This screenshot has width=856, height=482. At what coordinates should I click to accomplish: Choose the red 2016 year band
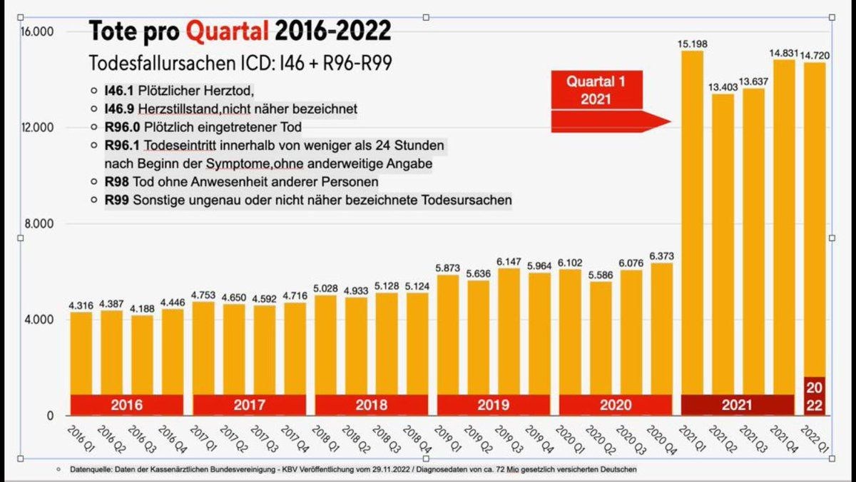click(x=126, y=405)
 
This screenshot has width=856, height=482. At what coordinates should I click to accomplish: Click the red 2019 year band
click(x=493, y=405)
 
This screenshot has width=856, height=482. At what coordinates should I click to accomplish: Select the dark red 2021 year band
click(x=737, y=405)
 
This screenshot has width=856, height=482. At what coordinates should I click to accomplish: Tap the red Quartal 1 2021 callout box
click(x=596, y=89)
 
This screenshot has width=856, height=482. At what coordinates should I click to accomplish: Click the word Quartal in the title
click(x=228, y=31)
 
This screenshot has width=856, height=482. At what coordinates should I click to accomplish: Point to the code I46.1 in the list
click(x=118, y=91)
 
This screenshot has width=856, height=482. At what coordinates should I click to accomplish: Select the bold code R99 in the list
click(x=117, y=199)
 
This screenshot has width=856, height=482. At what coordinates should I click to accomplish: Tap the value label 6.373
click(x=663, y=256)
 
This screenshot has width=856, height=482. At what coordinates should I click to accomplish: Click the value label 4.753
click(x=204, y=295)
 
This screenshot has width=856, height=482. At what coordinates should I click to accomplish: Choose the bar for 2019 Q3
click(x=509, y=328)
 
